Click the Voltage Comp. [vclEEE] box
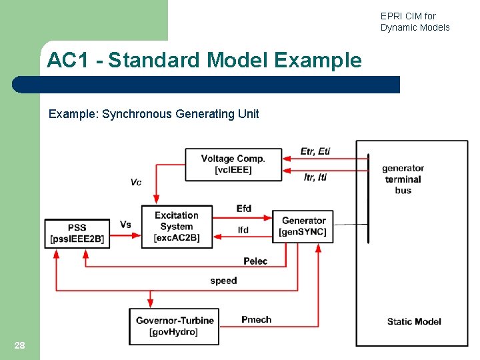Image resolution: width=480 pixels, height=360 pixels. (x=233, y=164)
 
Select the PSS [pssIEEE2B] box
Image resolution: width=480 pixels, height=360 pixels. (x=77, y=233)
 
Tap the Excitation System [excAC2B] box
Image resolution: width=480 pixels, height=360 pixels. (x=177, y=227)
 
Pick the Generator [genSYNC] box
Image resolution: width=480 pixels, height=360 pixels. (x=303, y=227)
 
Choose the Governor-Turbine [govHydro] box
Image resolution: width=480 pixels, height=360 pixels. (x=174, y=326)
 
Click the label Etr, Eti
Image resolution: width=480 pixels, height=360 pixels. (x=315, y=151)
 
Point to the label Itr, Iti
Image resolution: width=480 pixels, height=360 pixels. (x=315, y=177)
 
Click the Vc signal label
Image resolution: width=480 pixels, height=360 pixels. (x=135, y=182)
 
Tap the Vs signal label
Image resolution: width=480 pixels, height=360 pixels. (x=125, y=225)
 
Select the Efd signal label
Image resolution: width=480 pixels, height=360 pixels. (x=244, y=209)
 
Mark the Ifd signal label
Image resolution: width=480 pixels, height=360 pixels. (x=243, y=230)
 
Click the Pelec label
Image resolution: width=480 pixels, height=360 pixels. (x=255, y=261)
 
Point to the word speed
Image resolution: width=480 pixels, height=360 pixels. (x=223, y=281)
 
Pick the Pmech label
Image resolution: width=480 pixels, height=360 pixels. (x=256, y=320)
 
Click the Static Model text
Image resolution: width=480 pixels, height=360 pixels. (x=413, y=321)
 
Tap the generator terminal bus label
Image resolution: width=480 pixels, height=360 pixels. (x=403, y=179)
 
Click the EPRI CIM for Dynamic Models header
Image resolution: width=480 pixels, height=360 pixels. (x=415, y=21)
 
